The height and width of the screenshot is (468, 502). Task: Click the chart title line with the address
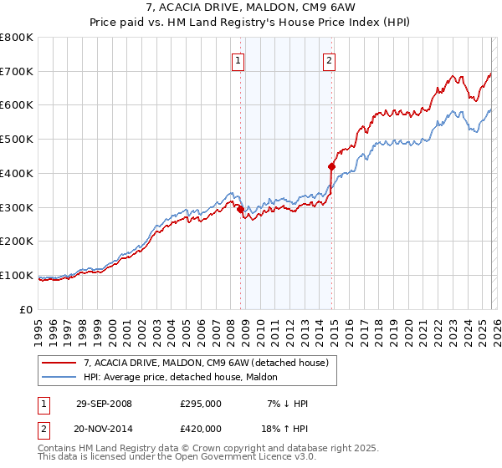pos(251,8)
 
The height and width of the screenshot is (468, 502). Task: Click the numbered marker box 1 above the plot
pos(238,60)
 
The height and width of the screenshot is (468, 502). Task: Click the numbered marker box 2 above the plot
pos(330,60)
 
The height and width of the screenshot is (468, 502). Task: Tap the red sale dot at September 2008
pos(241,209)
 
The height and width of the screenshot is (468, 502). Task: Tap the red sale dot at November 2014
pos(331,166)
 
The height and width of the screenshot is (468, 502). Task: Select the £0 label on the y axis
pos(27,309)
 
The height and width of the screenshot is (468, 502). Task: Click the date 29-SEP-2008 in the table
pos(104,404)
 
